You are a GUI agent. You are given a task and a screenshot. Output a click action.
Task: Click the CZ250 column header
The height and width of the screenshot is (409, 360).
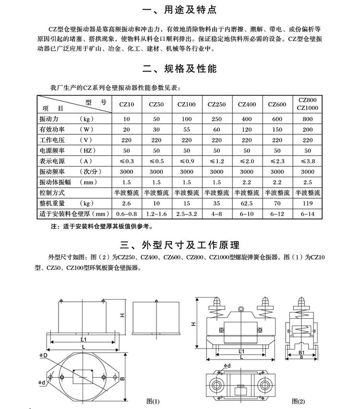point(216,104)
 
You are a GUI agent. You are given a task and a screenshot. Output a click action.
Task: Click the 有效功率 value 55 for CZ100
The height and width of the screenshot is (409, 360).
point(187,130)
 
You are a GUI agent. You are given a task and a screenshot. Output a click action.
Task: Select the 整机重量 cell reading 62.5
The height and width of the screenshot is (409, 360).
point(247,204)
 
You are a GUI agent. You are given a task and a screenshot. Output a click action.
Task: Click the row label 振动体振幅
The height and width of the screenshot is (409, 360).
point(60,182)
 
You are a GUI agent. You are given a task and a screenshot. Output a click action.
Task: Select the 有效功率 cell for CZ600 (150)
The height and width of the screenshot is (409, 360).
point(277,130)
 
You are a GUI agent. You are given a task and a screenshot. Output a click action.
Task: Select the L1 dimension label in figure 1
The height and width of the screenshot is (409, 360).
point(84,339)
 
